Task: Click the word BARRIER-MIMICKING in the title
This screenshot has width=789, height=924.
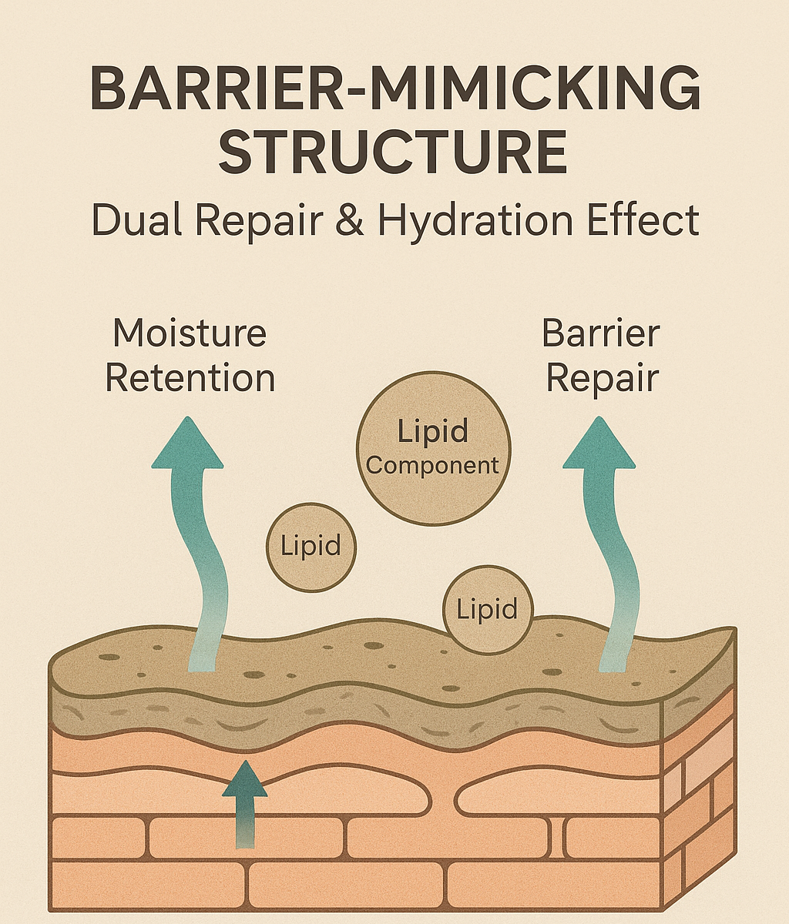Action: click(x=394, y=90)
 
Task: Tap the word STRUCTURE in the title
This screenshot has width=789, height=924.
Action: click(x=394, y=152)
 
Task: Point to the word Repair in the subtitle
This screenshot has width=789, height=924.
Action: click(x=259, y=220)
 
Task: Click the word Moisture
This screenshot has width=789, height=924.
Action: click(x=190, y=333)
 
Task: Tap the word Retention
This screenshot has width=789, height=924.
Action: click(x=190, y=378)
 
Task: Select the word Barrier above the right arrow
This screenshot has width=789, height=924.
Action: click(x=601, y=333)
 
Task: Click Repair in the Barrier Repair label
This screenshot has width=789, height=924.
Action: click(x=602, y=379)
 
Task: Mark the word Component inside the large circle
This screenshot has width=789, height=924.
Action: click(x=433, y=466)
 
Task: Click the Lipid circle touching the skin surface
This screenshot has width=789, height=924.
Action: click(x=487, y=610)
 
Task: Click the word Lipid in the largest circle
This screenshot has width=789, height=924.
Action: click(x=433, y=431)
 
